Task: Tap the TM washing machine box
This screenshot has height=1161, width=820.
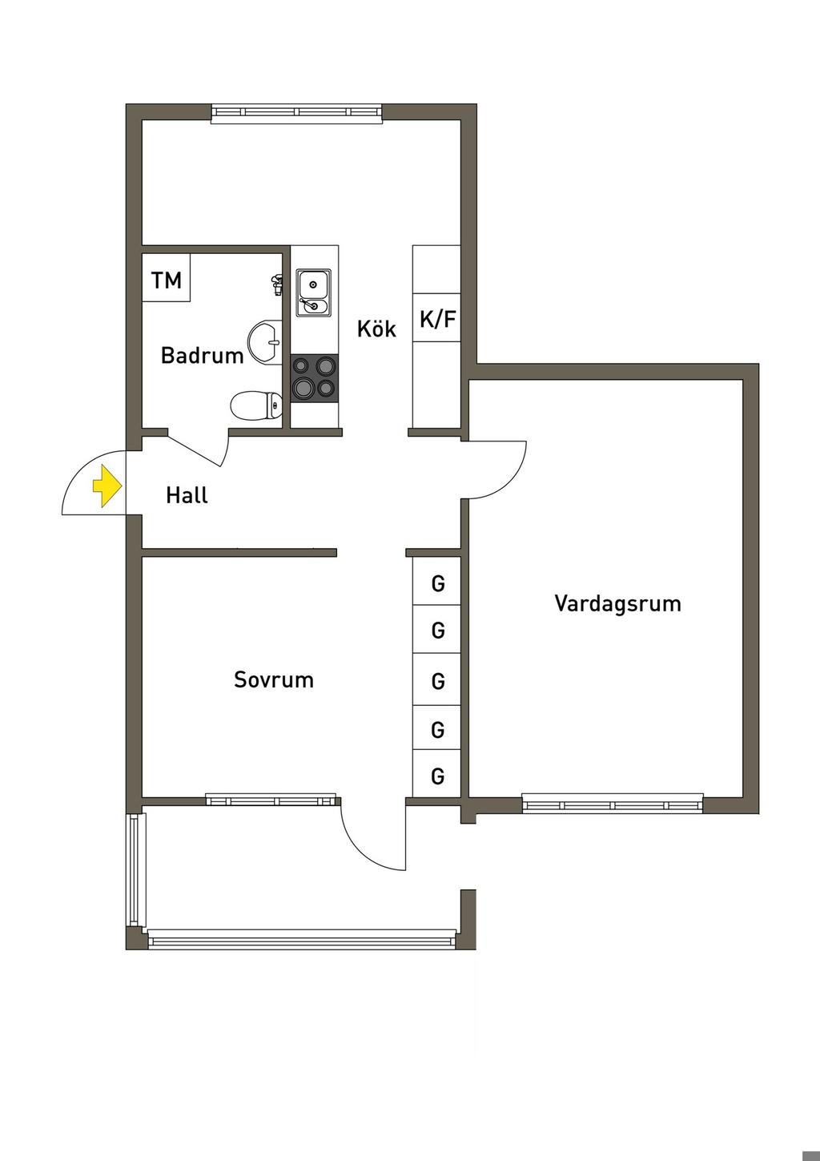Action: coord(167,278)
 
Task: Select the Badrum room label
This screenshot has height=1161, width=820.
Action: coord(202,355)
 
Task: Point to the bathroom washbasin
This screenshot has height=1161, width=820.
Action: coord(265,343)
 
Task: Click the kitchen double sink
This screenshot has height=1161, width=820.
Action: coord(313,292)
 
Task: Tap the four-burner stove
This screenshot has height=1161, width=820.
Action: coord(314,378)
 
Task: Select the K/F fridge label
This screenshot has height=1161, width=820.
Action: coord(437,320)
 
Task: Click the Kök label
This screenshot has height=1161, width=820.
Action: coord(376,329)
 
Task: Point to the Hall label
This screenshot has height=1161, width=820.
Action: coord(187,495)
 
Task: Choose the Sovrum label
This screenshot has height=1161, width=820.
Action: coord(274,679)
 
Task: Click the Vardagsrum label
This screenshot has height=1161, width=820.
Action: coord(617,603)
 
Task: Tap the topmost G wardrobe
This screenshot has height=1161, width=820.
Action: coord(437,583)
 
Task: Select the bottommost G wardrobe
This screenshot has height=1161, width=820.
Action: coord(437,775)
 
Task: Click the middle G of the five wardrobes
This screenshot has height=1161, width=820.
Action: coord(437,680)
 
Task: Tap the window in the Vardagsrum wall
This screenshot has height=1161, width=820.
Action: coord(613,804)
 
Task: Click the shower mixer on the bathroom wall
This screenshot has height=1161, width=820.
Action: coord(277,283)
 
